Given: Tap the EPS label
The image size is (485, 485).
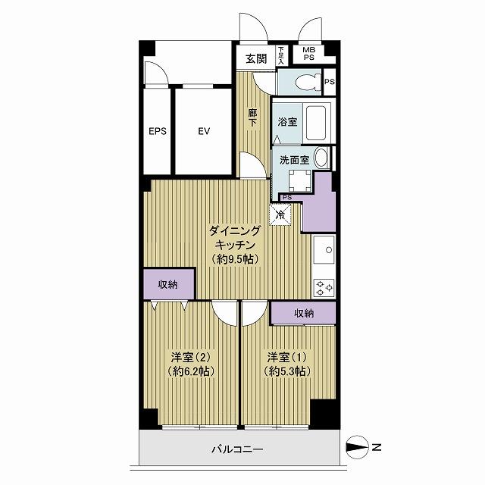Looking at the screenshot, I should [157, 131].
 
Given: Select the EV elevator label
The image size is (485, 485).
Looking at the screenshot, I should [203, 131].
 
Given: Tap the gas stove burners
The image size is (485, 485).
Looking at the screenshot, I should [325, 287].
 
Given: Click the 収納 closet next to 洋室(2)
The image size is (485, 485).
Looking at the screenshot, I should [167, 285].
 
